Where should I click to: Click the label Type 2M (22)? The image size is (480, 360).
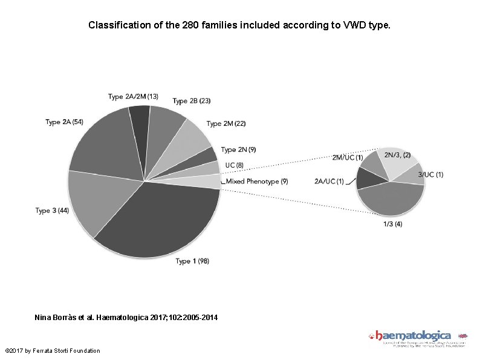[x=226, y=123]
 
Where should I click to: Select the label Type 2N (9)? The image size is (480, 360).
[x=238, y=149]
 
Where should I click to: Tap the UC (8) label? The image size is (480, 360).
[x=234, y=165]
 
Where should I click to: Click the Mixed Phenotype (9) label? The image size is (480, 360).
[x=257, y=181]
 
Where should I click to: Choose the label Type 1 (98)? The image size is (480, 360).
[x=192, y=261]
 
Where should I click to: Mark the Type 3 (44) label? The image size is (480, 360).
[x=52, y=211]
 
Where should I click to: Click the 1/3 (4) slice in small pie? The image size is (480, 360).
[x=391, y=200]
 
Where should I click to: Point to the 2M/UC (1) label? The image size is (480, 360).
[x=348, y=157]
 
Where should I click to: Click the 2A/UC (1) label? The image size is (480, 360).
[x=329, y=181]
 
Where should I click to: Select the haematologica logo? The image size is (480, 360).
[x=417, y=338]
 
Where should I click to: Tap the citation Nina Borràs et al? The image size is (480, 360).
[x=127, y=318]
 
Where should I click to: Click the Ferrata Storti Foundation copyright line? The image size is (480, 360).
[x=52, y=351]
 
